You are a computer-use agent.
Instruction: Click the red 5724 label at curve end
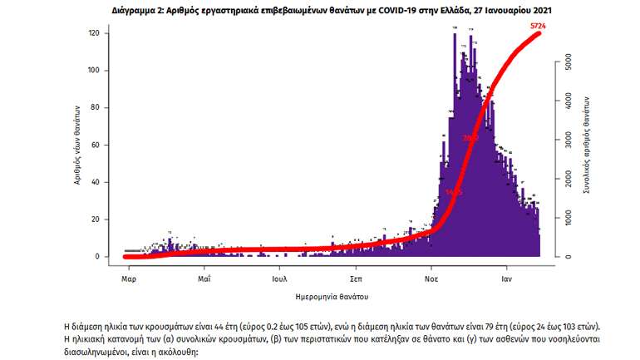tap(540, 27)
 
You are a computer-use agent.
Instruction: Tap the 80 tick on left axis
tap(96, 108)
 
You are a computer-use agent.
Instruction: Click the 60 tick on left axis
tap(96, 145)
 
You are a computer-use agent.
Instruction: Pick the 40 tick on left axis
tap(96, 182)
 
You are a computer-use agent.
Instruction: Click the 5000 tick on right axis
tap(564, 62)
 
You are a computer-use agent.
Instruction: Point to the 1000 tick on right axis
tap(564, 218)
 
